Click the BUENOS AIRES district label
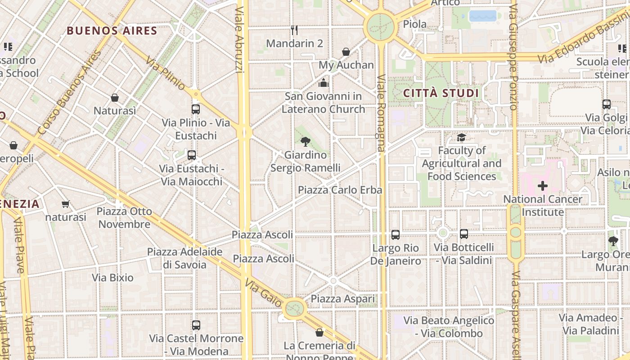[112, 31]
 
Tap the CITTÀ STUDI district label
[441, 93]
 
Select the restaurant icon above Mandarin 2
[294, 30]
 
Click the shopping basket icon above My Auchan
[346, 52]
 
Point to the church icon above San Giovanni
[324, 83]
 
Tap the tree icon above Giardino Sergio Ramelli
[306, 142]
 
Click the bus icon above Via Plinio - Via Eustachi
[196, 109]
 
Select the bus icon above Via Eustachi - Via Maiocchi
[192, 155]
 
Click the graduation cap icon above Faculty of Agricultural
[461, 137]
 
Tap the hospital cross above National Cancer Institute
[543, 185]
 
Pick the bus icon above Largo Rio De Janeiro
[396, 234]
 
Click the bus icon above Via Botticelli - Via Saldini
[464, 234]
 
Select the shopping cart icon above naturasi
[66, 204]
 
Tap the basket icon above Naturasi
[115, 98]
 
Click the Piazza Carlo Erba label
[340, 190]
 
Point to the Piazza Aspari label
[342, 299]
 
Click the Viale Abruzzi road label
[239, 36]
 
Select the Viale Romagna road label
[381, 112]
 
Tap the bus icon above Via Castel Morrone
[196, 325]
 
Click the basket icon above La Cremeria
[319, 333]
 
